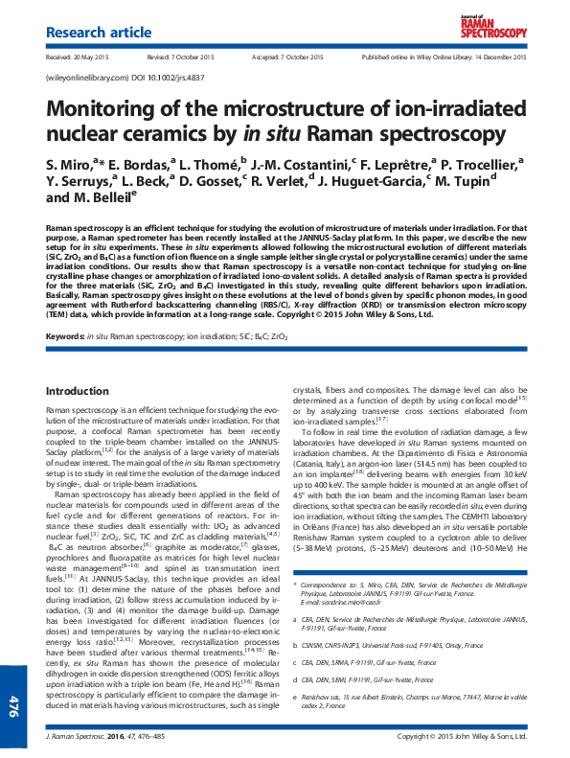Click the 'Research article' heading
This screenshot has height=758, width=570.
[99, 34]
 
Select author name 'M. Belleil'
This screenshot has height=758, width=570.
[100, 198]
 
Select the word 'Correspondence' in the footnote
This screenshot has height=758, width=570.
[329, 584]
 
